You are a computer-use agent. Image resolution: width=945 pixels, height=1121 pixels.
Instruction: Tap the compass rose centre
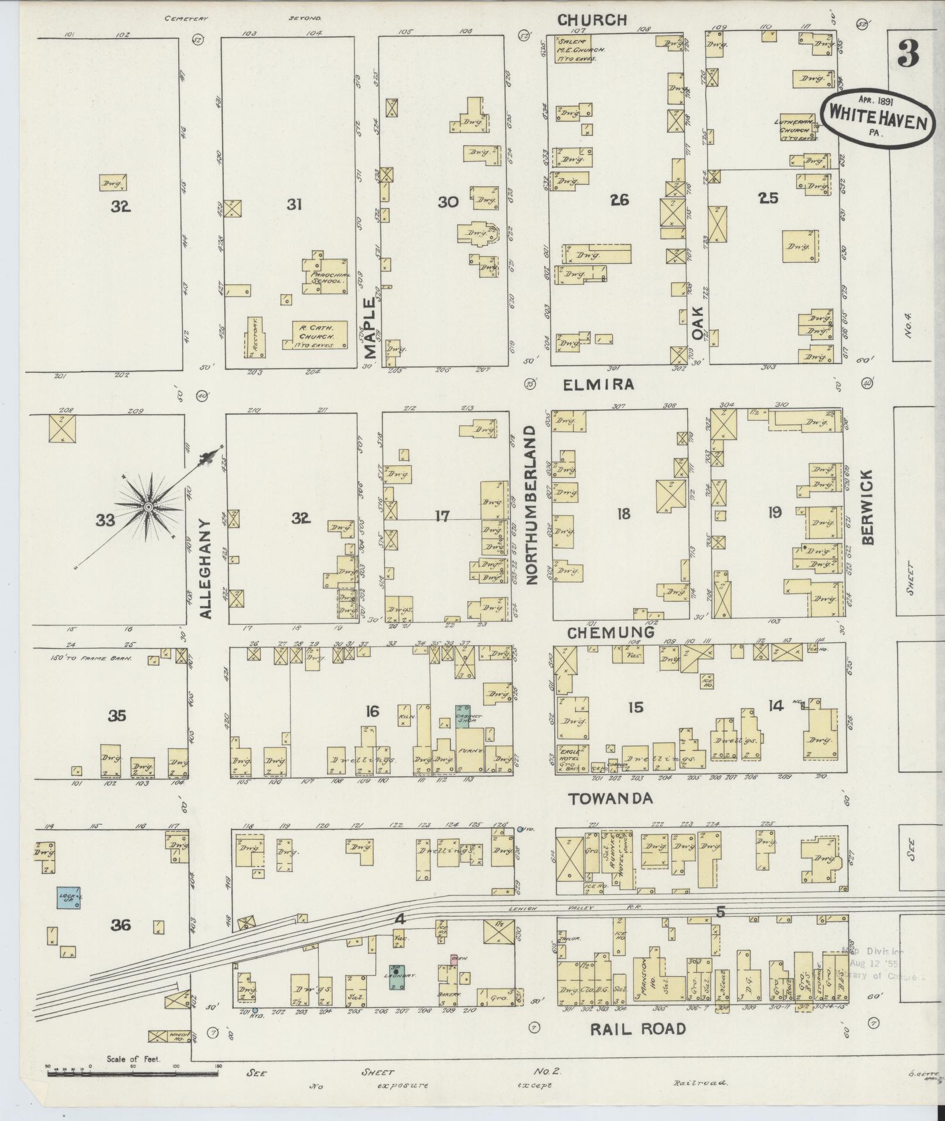pos(149,506)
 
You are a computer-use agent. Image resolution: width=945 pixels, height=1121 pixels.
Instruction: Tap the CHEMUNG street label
pos(610,632)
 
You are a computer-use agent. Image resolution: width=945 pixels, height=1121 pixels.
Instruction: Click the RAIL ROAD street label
pos(637,1028)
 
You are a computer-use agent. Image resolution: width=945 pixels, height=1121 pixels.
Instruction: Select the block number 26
pos(619,200)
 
